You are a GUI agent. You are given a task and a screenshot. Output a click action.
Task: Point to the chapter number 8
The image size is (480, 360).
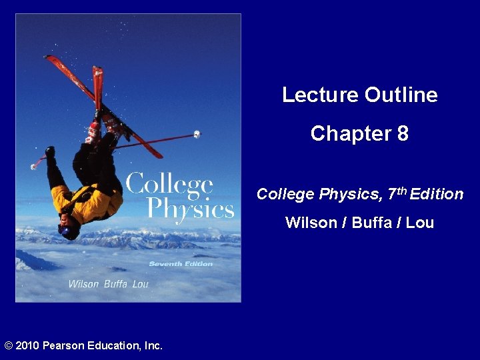(403, 134)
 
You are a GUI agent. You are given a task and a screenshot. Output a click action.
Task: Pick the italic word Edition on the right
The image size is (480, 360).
(437, 195)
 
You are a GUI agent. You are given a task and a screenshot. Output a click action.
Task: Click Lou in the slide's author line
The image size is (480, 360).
(420, 223)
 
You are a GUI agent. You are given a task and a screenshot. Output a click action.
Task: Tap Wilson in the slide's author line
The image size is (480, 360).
(311, 223)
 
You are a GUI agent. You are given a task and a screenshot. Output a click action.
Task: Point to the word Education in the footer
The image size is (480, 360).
(114, 345)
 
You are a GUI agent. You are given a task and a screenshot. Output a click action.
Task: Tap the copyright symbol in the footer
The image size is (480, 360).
(8, 345)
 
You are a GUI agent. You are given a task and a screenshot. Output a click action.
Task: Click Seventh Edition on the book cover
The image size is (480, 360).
(181, 264)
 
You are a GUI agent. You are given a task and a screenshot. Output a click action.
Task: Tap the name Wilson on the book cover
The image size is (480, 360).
(85, 284)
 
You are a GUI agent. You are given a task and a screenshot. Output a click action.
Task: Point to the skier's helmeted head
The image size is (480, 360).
(69, 228)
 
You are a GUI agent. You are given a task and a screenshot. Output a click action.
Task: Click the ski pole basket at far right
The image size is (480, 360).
(197, 134)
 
